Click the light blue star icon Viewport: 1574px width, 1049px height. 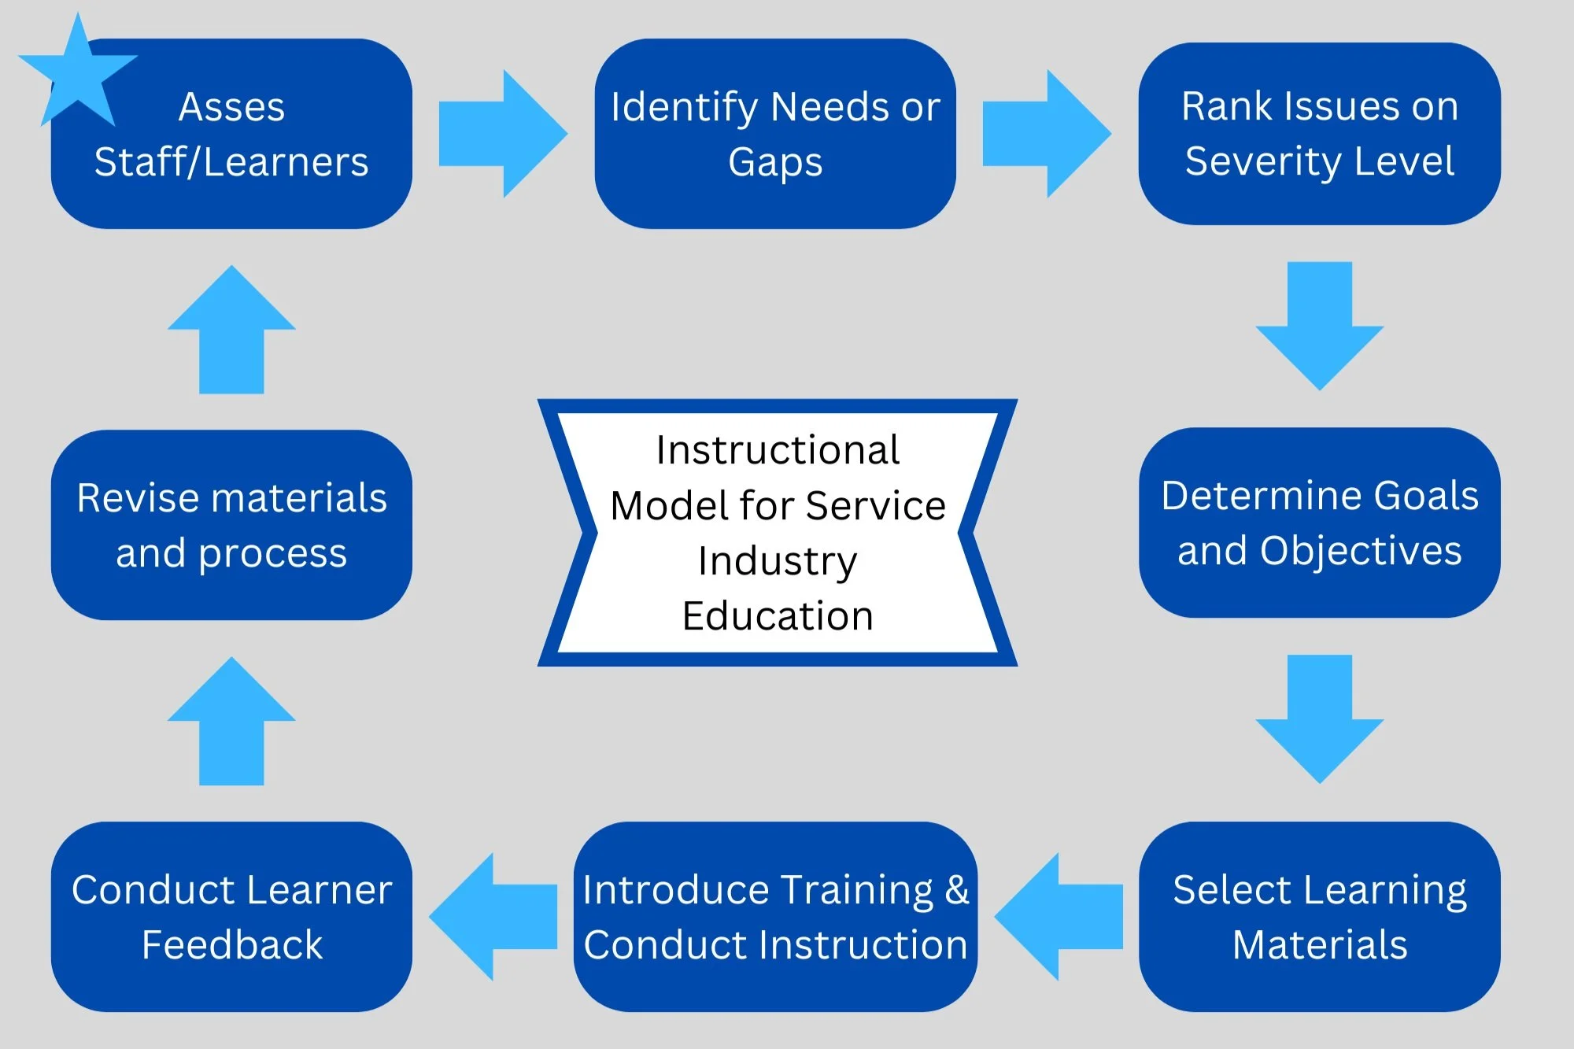[77, 75]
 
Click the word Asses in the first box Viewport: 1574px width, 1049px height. [231, 107]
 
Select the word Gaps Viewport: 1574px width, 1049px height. [775, 163]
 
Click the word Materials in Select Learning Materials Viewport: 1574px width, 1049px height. [1320, 944]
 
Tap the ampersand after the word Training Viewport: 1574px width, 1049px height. [957, 890]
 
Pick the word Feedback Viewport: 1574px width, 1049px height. [232, 944]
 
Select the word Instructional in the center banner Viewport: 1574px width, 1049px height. [778, 450]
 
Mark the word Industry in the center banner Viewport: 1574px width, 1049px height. [778, 562]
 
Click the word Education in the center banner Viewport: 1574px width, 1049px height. [778, 616]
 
